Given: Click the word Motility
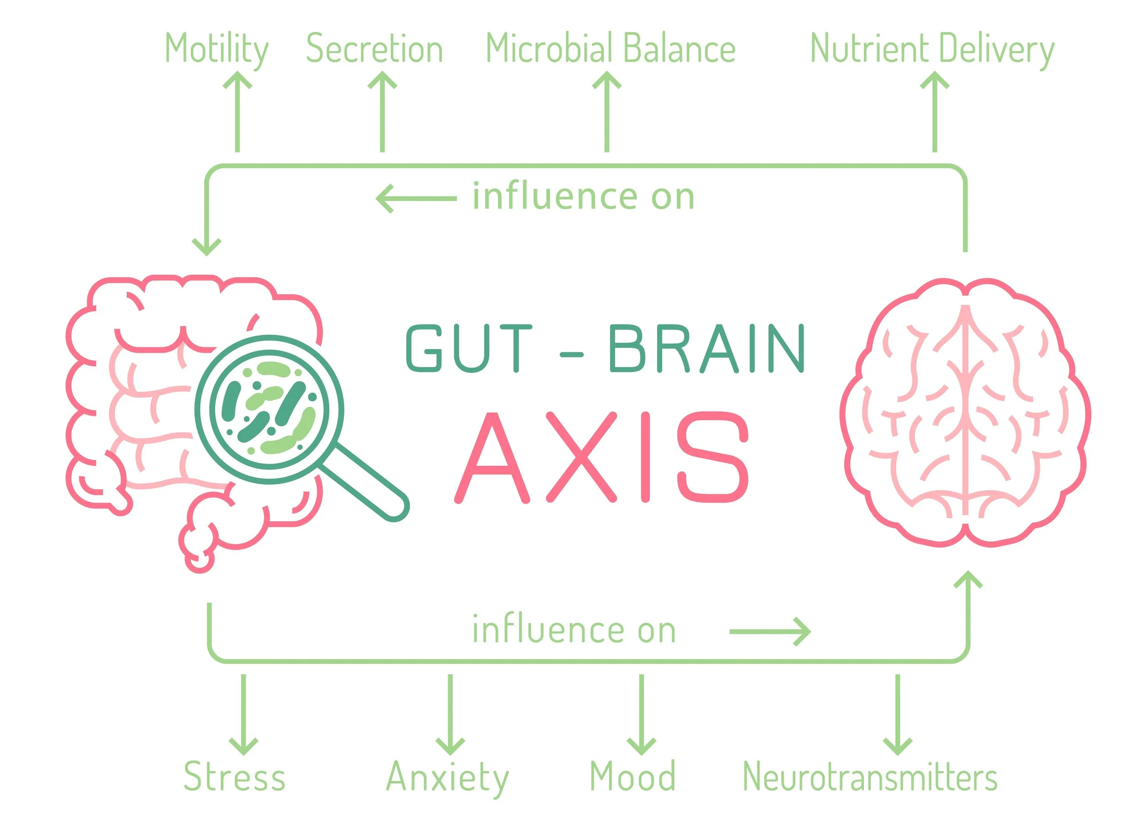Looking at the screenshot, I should tap(216, 49).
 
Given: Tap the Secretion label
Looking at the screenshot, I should tap(374, 49).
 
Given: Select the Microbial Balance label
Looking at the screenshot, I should tap(610, 49).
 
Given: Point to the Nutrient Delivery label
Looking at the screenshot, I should tap(932, 49).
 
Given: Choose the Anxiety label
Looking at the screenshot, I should tap(448, 777).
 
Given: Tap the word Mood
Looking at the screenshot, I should tap(632, 777).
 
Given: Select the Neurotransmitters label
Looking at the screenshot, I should tap(870, 777).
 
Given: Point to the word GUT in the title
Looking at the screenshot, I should tap(469, 349).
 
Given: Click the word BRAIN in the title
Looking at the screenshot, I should tap(706, 349).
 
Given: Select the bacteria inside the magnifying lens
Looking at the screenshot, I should tap(270, 409).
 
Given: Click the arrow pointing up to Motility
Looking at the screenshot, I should tap(237, 111).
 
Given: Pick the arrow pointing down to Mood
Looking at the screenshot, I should tap(641, 713).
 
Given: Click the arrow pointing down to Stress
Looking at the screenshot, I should tap(243, 713).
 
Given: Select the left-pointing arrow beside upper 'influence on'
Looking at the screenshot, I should tap(416, 199).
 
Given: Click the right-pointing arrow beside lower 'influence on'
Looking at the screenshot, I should tap(770, 631).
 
